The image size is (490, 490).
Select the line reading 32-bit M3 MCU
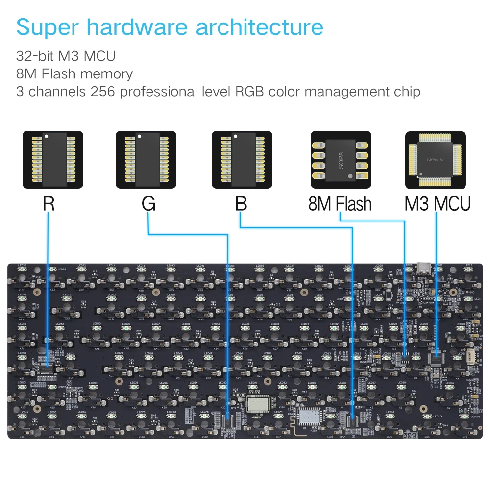[66, 56]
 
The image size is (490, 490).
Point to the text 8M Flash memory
[74, 74]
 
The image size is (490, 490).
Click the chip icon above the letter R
[53, 160]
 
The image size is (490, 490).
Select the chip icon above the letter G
[146, 160]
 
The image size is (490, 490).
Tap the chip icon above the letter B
[242, 160]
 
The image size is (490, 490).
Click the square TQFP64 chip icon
[436, 160]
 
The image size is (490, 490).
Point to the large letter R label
[49, 204]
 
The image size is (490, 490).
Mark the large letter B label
[241, 204]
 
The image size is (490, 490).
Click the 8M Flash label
[340, 204]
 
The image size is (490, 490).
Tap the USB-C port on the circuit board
[424, 269]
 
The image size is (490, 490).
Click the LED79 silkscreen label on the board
[62, 269]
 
